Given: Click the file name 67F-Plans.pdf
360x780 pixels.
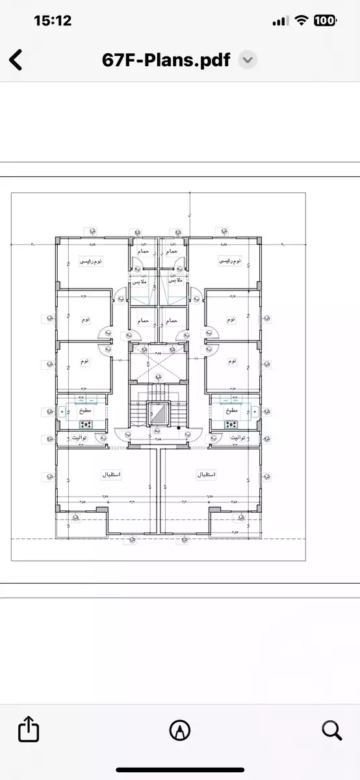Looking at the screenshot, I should click(x=166, y=60).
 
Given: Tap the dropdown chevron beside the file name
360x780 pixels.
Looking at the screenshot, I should click(x=248, y=60).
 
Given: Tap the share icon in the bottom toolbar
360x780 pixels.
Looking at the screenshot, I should click(x=29, y=729).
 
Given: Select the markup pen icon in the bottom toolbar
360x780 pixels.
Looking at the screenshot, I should click(x=179, y=730).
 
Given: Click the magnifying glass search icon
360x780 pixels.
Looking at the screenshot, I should click(x=331, y=730).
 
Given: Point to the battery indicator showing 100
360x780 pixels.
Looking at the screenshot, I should click(x=324, y=21).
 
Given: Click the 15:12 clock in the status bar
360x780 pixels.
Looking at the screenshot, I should click(x=52, y=21).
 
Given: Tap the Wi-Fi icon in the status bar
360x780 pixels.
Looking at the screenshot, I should click(x=300, y=21).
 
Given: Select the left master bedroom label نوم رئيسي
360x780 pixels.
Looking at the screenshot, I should click(x=91, y=261).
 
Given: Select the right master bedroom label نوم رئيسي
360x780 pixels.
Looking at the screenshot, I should click(x=229, y=261).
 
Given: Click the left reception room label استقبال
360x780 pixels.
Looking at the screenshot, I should click(x=112, y=475).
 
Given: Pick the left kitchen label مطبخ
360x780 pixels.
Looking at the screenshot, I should click(x=86, y=411).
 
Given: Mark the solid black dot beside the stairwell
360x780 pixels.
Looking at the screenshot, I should click(x=179, y=428).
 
